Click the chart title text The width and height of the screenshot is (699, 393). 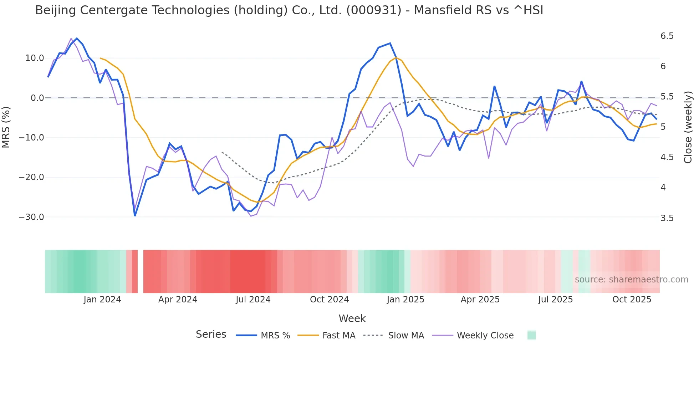click(289, 10)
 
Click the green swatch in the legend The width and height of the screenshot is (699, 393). click(531, 335)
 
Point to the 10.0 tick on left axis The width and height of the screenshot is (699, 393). click(34, 58)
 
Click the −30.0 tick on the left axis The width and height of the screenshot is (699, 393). click(31, 217)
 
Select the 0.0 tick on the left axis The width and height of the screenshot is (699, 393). click(37, 98)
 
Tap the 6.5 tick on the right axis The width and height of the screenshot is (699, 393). click(667, 36)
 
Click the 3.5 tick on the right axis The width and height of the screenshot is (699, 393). click(667, 218)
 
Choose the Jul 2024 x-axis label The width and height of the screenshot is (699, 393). click(253, 300)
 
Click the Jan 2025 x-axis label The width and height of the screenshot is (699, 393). click(405, 300)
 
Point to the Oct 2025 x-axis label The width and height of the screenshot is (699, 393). click(632, 300)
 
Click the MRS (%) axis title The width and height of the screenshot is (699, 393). click(6, 127)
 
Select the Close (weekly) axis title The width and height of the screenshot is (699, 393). click(688, 127)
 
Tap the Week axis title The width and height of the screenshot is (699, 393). click(352, 318)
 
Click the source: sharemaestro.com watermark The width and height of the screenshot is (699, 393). click(631, 280)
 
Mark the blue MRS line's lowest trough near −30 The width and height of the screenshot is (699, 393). click(135, 215)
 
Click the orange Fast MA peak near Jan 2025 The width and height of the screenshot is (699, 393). click(396, 58)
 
